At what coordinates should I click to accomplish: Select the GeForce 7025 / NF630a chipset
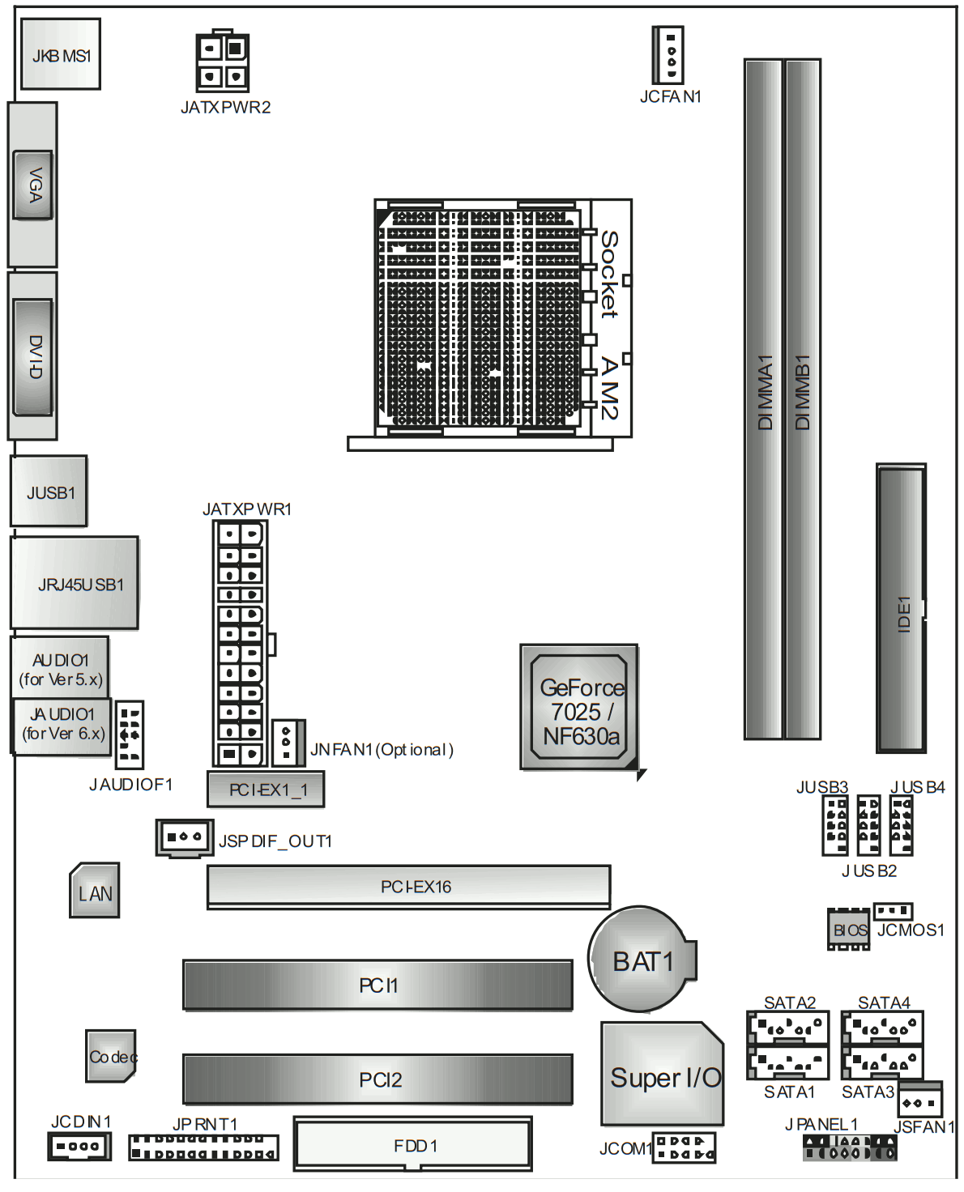(579, 708)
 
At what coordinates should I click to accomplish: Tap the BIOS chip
(848, 930)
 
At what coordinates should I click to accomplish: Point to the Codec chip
(111, 1055)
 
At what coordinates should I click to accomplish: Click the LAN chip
(95, 890)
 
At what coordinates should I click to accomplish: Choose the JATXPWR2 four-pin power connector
(222, 62)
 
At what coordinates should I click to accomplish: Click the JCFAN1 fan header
(668, 55)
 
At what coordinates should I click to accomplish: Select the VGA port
(33, 185)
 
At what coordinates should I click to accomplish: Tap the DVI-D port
(33, 356)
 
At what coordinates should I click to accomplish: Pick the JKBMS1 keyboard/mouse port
(61, 53)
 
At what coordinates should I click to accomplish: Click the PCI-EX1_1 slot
(266, 789)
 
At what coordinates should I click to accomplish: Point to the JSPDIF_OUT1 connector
(184, 838)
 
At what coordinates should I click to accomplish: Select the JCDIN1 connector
(79, 1146)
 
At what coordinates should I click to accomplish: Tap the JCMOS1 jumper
(893, 911)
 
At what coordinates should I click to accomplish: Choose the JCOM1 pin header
(684, 1147)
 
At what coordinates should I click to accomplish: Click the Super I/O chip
(663, 1073)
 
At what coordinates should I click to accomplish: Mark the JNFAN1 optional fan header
(288, 743)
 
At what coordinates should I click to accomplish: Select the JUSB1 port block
(49, 491)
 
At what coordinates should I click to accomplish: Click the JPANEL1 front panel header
(849, 1147)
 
